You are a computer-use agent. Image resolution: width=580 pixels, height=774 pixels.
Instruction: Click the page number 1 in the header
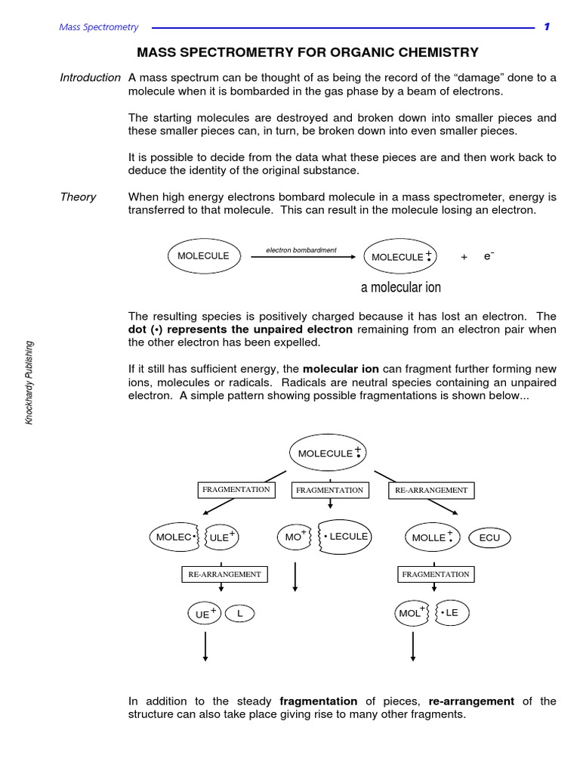(547, 27)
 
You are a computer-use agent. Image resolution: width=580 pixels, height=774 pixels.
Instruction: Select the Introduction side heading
(90, 77)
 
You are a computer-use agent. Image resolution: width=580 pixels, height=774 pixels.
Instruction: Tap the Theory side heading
(78, 197)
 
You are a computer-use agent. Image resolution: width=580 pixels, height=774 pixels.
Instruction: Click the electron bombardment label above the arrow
(301, 249)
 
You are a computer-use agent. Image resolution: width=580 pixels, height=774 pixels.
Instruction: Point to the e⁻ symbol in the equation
(488, 256)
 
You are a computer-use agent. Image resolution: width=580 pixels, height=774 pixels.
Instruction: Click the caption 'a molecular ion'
(401, 287)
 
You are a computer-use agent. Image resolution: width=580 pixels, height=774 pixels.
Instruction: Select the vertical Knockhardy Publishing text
(29, 382)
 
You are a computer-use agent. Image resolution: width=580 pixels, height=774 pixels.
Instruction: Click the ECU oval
(489, 537)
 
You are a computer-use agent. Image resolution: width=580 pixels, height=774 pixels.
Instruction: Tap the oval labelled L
(240, 613)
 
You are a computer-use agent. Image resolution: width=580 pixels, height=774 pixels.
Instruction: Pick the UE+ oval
(205, 614)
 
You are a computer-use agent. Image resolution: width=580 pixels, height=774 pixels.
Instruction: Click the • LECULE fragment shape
(344, 536)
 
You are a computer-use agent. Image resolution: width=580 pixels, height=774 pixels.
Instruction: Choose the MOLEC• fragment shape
(174, 537)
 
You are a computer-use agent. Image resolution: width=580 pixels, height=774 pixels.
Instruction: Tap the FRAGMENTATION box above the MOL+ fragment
(435, 574)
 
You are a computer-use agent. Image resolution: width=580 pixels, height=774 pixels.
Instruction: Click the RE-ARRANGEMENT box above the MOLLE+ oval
(430, 491)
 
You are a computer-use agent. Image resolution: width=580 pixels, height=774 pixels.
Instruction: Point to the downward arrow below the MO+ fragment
(295, 577)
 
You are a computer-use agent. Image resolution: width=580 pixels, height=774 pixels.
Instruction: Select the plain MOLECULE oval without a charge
(203, 256)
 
